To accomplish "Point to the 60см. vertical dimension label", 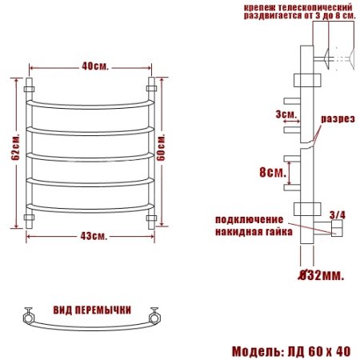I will point(162,150).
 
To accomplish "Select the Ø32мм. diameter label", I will point(321,275).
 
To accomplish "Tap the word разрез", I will point(337,118).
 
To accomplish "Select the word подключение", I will point(249,219).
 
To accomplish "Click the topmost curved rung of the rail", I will point(90,103).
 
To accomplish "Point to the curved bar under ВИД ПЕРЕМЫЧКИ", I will point(90,328).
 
